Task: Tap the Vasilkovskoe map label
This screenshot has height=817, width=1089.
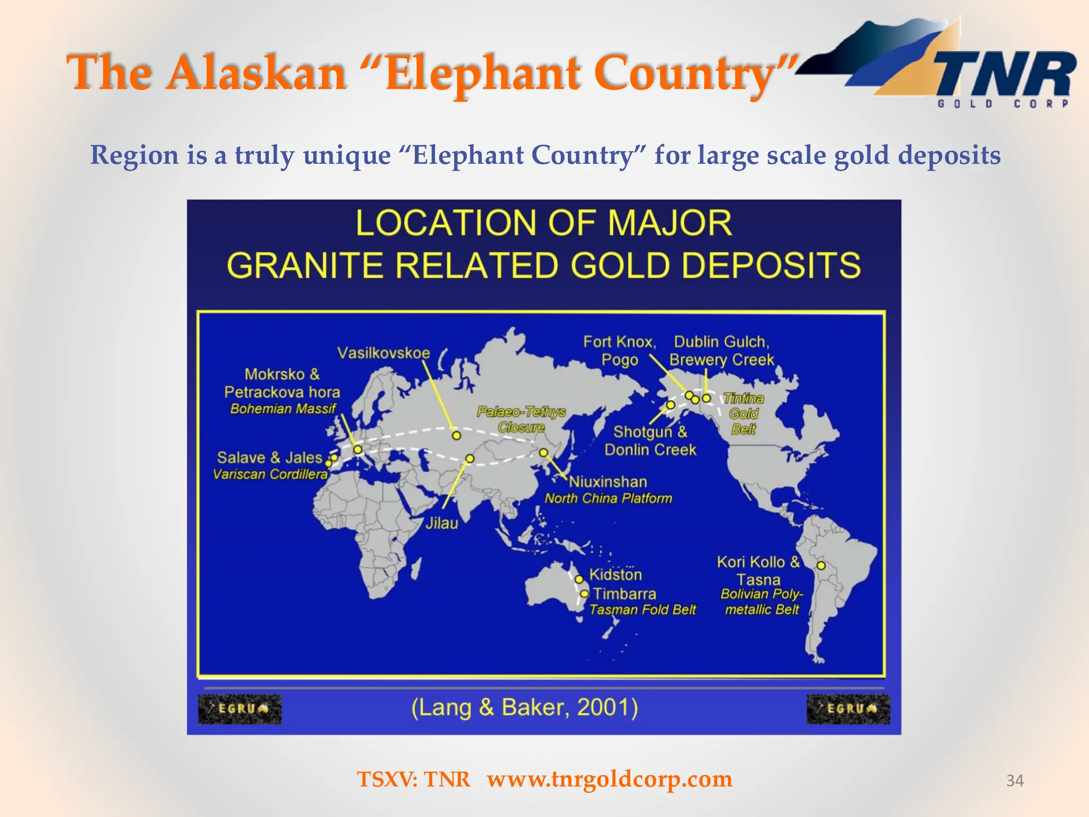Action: [x=383, y=353]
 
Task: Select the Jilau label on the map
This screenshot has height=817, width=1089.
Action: [x=441, y=523]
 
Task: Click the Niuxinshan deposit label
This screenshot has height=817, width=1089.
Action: [x=608, y=482]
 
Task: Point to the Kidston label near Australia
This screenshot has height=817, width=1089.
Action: [x=615, y=575]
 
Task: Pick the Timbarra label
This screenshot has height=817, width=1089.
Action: [x=624, y=594]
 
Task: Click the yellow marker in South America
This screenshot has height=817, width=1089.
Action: [x=821, y=565]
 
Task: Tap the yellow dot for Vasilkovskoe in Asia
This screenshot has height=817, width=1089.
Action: [x=456, y=436]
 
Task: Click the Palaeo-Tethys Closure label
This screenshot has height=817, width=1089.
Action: [x=521, y=419]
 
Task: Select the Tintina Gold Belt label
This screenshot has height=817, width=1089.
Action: [x=743, y=414]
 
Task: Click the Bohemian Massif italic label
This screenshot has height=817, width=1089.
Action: [x=283, y=409]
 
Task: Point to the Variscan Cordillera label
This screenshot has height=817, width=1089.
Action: [x=270, y=474]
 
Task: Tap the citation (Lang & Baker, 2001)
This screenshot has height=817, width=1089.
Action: [x=524, y=707]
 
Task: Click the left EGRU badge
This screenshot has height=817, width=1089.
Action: [x=240, y=709]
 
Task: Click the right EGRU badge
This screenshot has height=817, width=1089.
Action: [x=848, y=709]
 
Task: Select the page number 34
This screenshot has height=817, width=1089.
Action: [x=1015, y=780]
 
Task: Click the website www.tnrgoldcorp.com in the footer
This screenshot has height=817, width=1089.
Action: [x=609, y=779]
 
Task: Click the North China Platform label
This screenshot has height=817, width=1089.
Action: [x=608, y=498]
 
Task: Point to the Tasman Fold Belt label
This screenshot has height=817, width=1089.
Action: [x=642, y=610]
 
